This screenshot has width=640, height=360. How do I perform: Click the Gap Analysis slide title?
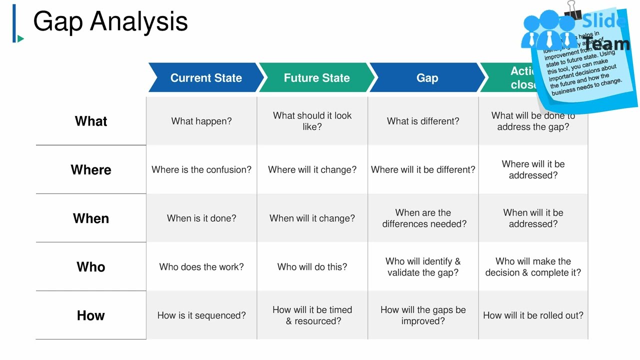click(110, 22)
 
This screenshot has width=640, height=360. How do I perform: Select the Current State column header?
click(205, 78)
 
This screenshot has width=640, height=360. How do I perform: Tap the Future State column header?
click(316, 78)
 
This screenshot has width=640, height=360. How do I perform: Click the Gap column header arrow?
click(427, 78)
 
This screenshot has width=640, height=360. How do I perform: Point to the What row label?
click(91, 121)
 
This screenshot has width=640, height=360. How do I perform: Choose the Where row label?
click(91, 170)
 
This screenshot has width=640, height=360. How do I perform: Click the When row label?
click(91, 218)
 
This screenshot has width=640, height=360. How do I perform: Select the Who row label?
click(91, 267)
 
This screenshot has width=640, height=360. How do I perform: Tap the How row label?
click(91, 315)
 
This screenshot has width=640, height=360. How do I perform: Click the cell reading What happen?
click(201, 121)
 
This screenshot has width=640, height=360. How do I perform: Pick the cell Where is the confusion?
click(201, 170)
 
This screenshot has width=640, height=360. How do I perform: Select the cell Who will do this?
click(312, 267)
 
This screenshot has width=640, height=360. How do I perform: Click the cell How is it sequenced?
click(201, 315)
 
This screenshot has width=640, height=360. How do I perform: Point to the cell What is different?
click(423, 121)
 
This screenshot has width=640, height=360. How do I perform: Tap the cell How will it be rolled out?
click(533, 315)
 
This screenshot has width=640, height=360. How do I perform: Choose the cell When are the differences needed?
click(423, 218)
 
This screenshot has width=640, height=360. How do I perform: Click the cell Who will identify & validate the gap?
click(423, 267)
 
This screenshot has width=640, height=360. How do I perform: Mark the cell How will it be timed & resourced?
click(312, 315)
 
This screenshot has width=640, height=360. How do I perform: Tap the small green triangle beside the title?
click(20, 38)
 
